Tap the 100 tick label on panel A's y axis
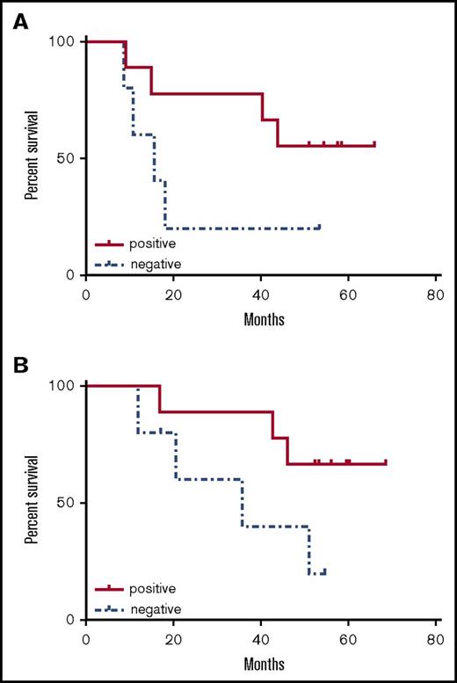pos(65,41)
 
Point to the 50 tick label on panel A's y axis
pos(69,158)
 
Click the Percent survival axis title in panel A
pos(31,158)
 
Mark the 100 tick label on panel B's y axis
pos(65,386)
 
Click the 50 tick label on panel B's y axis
pos(69,503)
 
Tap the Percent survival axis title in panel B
pos(31,503)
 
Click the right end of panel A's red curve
pos(374,145)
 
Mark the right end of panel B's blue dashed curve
pos(325,572)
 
